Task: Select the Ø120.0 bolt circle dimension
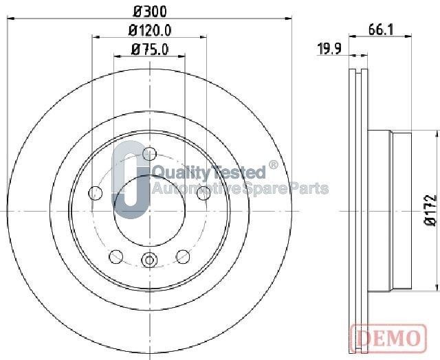tap(149, 30)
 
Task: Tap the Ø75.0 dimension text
tap(149, 49)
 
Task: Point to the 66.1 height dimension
tap(380, 29)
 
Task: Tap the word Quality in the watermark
tap(175, 172)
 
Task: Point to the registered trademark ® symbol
tap(273, 166)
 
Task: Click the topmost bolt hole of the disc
tap(149, 153)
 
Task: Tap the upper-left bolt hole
tap(96, 193)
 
